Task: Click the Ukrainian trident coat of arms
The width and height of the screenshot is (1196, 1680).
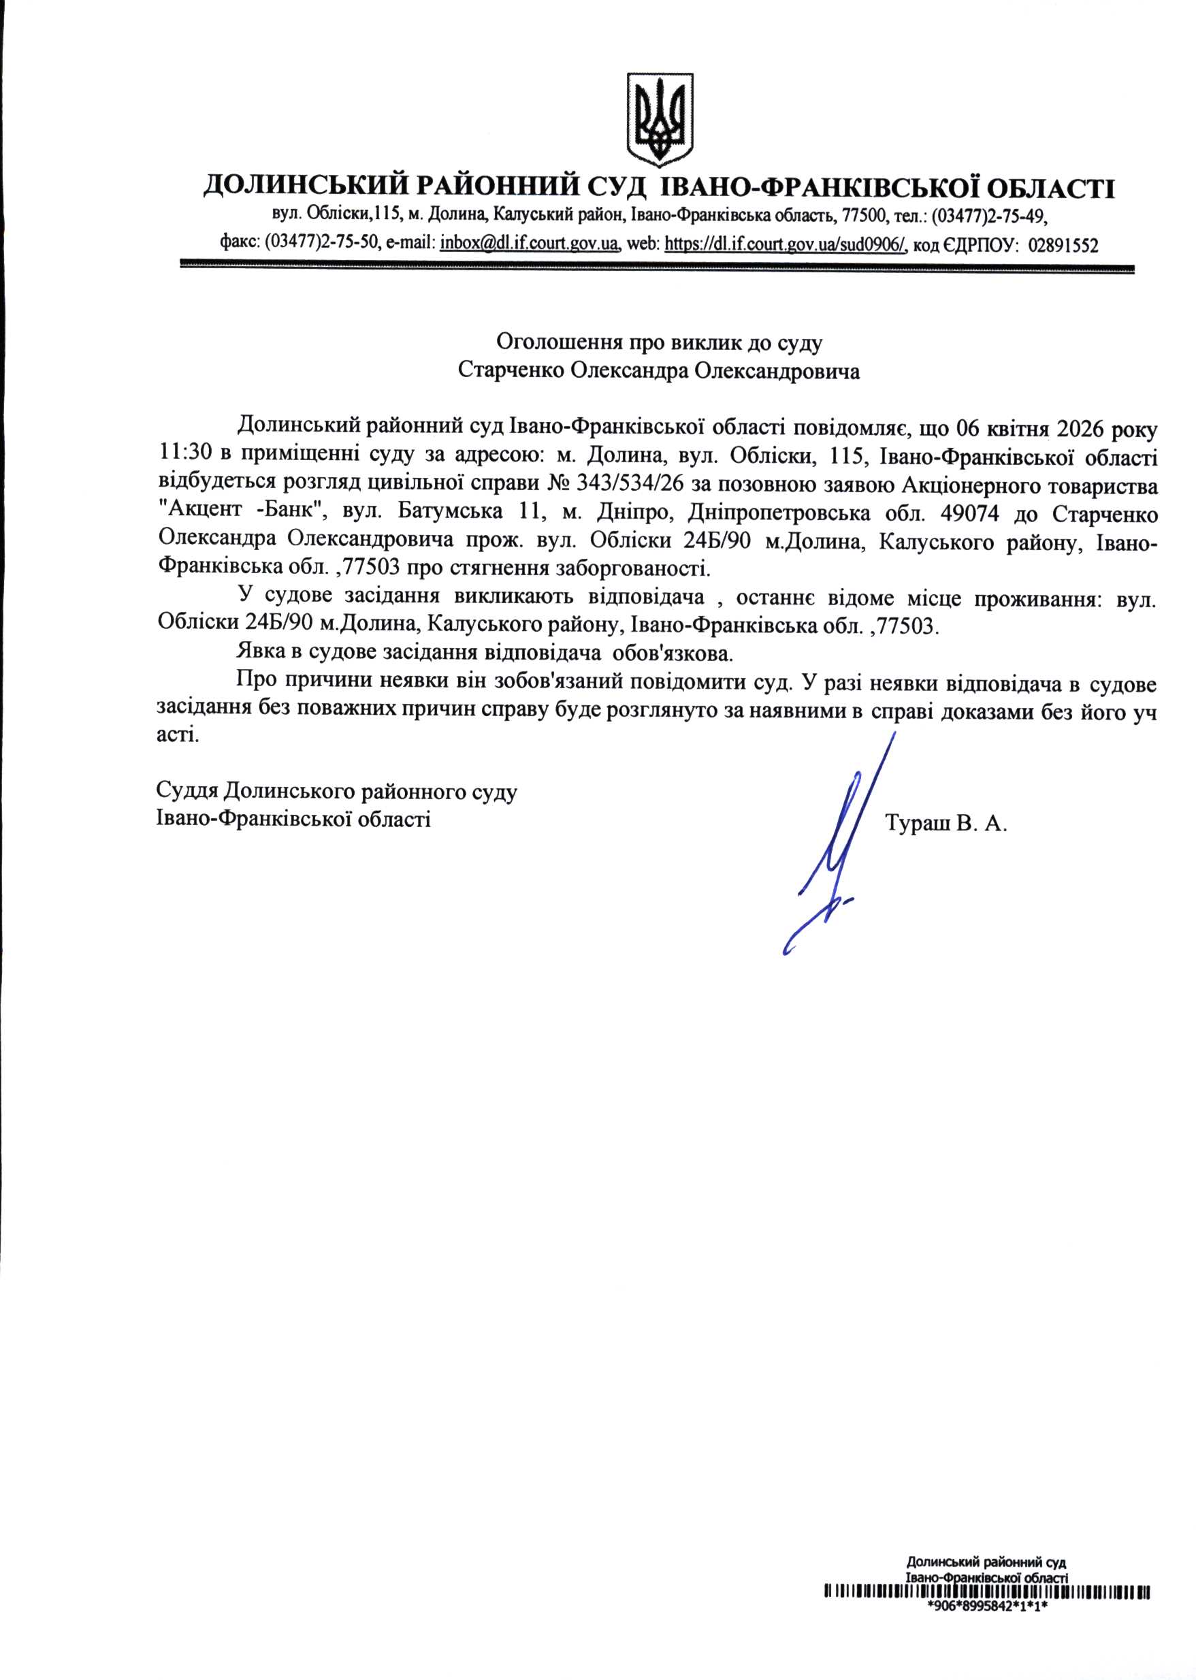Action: tap(659, 118)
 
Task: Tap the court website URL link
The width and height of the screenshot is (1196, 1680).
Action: tap(785, 244)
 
